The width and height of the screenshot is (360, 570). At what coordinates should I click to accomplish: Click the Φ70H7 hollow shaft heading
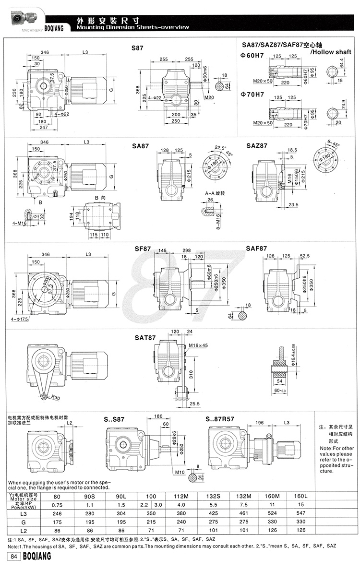point(252,94)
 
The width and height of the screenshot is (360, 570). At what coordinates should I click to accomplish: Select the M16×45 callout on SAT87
point(198,345)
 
